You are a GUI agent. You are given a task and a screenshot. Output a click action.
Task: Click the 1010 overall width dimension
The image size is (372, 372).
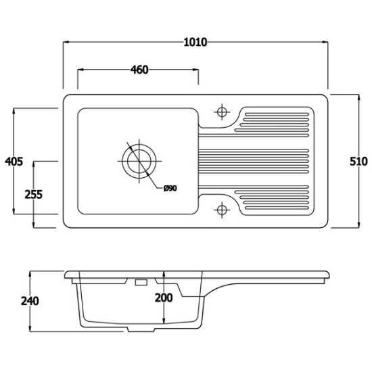coord(195,43)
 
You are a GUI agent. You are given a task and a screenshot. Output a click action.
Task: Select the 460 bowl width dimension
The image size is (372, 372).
coord(139,70)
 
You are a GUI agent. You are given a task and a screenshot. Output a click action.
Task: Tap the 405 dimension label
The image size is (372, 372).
coord(14,162)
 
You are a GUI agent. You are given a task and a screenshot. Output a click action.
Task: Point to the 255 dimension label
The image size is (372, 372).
coord(34,195)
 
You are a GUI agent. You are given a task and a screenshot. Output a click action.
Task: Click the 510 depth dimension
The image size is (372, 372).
coord(358,162)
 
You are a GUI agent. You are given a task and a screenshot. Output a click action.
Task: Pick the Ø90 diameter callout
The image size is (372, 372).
coord(170,189)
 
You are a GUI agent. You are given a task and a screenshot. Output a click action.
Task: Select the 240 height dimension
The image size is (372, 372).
coord(30,301)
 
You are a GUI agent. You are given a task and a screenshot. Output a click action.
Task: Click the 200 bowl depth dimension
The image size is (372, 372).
coord(164,298)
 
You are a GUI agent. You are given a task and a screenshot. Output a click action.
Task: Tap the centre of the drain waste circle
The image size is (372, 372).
coord(139,161)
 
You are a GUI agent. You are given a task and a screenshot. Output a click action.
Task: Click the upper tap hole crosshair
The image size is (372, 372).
coord(222,112)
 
